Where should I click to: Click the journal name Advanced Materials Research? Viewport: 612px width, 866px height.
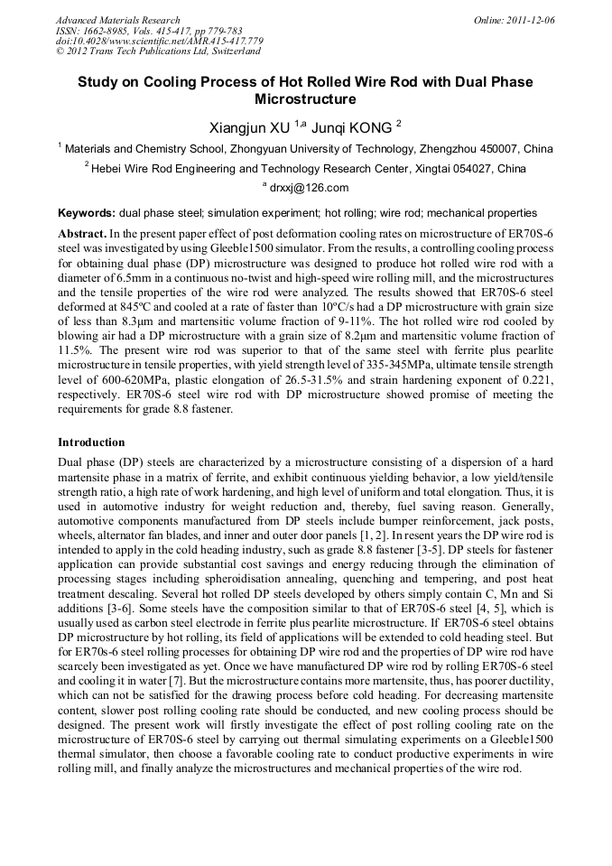[x=117, y=20]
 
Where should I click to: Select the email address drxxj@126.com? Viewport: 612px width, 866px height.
[x=309, y=187]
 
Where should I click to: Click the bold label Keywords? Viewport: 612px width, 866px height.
[x=87, y=213]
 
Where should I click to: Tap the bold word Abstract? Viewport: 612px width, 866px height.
[x=83, y=233]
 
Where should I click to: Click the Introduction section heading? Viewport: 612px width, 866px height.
[x=91, y=442]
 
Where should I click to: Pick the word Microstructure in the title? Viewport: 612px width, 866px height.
[x=306, y=99]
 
